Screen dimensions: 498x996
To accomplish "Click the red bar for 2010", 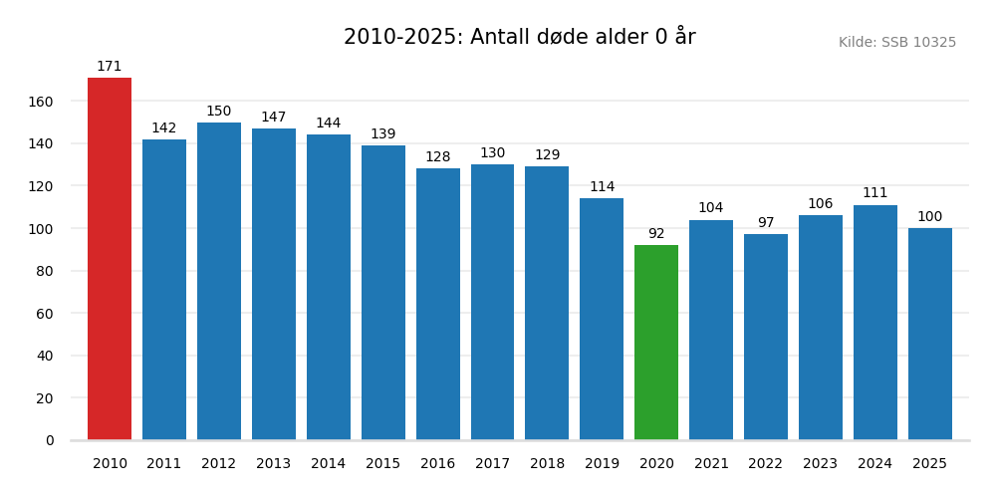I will (110, 259).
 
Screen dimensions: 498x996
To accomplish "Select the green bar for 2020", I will (656, 343).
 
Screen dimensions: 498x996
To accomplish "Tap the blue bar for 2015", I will (383, 293).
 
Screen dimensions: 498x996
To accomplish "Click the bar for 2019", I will (602, 319).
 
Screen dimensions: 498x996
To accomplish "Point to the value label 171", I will (110, 67).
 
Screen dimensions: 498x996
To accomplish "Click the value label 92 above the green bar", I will (656, 234).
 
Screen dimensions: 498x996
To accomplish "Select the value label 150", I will (219, 112).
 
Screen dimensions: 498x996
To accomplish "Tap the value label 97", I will (766, 223).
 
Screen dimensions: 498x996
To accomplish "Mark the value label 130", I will (492, 153).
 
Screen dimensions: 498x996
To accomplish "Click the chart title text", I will (519, 38).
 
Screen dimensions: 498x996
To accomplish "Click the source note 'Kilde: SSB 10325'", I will (896, 43).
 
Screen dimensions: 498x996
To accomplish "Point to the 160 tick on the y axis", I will (41, 102).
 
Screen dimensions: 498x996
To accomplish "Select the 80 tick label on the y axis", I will (45, 271).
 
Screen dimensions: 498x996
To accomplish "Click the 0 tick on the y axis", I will (50, 440).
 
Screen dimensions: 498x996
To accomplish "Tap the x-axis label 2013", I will (274, 464).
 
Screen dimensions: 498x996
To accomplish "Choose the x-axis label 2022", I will (766, 464).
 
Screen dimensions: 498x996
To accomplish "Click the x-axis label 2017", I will (492, 464).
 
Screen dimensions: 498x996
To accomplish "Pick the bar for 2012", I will (219, 281).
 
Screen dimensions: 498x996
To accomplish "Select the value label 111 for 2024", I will (874, 193).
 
